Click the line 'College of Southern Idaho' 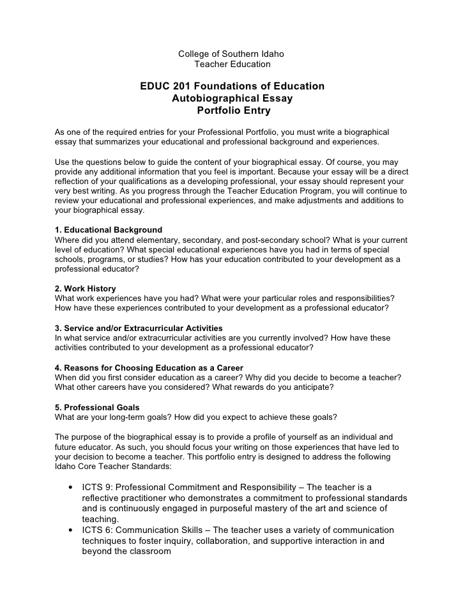(x=232, y=53)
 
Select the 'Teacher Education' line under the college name (x=232, y=64)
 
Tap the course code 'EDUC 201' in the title (x=165, y=86)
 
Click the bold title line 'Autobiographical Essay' (x=232, y=98)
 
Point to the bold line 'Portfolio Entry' (x=233, y=111)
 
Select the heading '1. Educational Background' (x=109, y=229)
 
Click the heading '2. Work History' (x=86, y=289)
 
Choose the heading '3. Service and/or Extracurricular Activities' (x=139, y=328)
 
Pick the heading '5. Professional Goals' (x=97, y=407)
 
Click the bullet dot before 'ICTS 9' (x=68, y=487)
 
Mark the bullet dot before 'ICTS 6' (x=68, y=530)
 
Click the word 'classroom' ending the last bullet (x=151, y=552)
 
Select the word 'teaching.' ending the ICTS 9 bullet (x=100, y=520)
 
